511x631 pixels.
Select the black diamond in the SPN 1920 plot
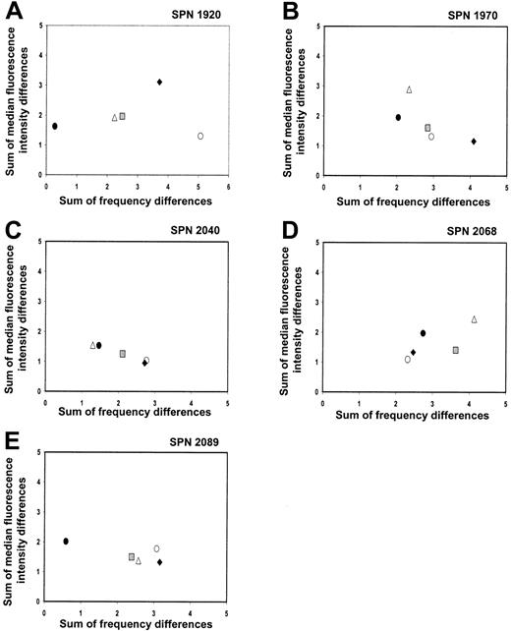159,82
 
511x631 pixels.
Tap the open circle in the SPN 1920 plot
200,136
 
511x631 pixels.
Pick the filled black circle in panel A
55,126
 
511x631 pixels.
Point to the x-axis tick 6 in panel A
229,186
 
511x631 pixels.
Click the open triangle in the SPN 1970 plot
409,89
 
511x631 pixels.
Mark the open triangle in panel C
92,345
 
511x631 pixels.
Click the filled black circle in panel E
66,541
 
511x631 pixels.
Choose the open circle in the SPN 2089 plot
156,548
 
